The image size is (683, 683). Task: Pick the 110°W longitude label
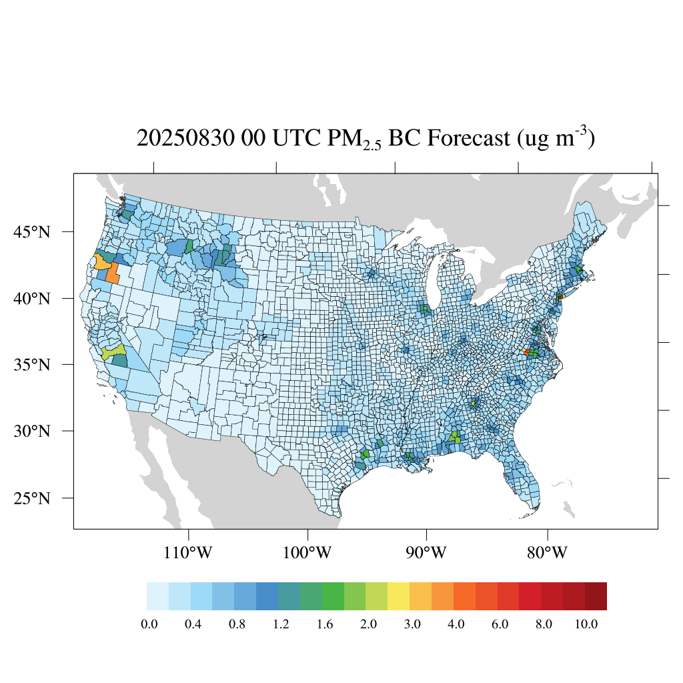click(189, 553)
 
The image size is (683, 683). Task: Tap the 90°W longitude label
click(427, 553)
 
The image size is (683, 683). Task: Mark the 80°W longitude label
click(548, 553)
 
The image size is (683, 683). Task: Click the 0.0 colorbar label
click(149, 624)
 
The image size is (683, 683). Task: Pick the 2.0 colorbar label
click(368, 624)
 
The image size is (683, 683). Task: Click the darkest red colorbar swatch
click(596, 596)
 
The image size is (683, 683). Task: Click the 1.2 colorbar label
click(281, 624)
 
